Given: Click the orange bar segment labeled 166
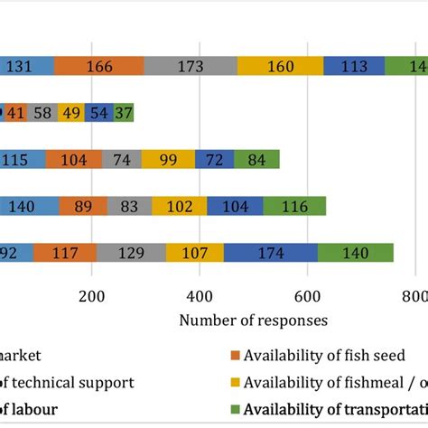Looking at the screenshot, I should pyautogui.click(x=98, y=66).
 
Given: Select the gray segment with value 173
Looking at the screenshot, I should pyautogui.click(x=191, y=66).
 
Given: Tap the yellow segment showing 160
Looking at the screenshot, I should pyautogui.click(x=280, y=66).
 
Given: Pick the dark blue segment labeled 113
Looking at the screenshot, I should pyautogui.click(x=353, y=66).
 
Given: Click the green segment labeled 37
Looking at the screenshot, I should pyautogui.click(x=124, y=113).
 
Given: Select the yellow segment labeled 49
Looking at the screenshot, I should pyautogui.click(x=70, y=113).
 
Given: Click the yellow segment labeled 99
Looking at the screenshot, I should pyautogui.click(x=167, y=160).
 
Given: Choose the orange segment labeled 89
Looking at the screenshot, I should pyautogui.click(x=82, y=206).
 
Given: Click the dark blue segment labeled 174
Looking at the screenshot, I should pyautogui.click(x=270, y=253).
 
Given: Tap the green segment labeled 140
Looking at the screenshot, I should pyautogui.click(x=355, y=253).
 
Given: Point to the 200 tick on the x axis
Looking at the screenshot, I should pyautogui.click(x=91, y=296).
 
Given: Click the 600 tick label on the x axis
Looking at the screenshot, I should pyautogui.click(x=308, y=296).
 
